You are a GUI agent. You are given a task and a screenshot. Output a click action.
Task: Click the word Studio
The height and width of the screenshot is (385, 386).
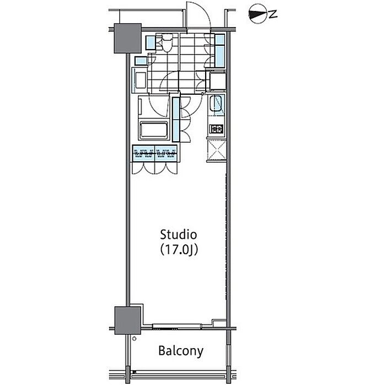(x=179, y=234)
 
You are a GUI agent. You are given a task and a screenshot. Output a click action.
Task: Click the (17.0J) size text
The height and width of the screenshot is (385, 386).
(x=179, y=250)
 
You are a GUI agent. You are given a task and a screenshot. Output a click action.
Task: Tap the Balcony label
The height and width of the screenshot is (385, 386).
(x=181, y=351)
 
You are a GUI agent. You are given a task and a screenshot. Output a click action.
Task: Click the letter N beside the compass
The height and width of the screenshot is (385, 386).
(x=273, y=14)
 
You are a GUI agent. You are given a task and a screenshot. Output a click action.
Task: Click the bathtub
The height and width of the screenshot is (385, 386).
(x=154, y=131)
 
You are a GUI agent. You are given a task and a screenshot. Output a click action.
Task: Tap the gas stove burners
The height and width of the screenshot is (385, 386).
(x=217, y=129)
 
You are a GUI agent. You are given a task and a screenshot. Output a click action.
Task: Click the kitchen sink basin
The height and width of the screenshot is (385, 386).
(x=217, y=104)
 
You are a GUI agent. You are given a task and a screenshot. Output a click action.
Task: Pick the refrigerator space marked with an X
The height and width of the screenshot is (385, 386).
(x=217, y=149)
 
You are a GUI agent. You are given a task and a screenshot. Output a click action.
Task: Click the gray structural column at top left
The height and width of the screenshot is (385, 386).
(x=127, y=38)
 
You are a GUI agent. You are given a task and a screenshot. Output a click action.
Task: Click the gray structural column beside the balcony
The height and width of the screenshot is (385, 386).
(x=127, y=320)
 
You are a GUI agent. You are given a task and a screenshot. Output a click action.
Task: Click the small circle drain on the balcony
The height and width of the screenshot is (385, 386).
(x=134, y=339)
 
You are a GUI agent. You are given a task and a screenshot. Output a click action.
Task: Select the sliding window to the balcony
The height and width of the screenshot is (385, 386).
(x=177, y=327)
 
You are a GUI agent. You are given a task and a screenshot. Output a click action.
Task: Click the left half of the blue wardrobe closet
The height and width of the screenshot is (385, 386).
(x=144, y=153)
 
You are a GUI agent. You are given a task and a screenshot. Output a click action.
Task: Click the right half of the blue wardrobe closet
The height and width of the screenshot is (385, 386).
(x=166, y=153)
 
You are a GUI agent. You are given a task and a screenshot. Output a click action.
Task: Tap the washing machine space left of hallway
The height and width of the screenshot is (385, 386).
(x=140, y=81)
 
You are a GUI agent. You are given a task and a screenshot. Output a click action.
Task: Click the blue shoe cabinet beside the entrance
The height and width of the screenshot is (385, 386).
(x=220, y=51)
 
